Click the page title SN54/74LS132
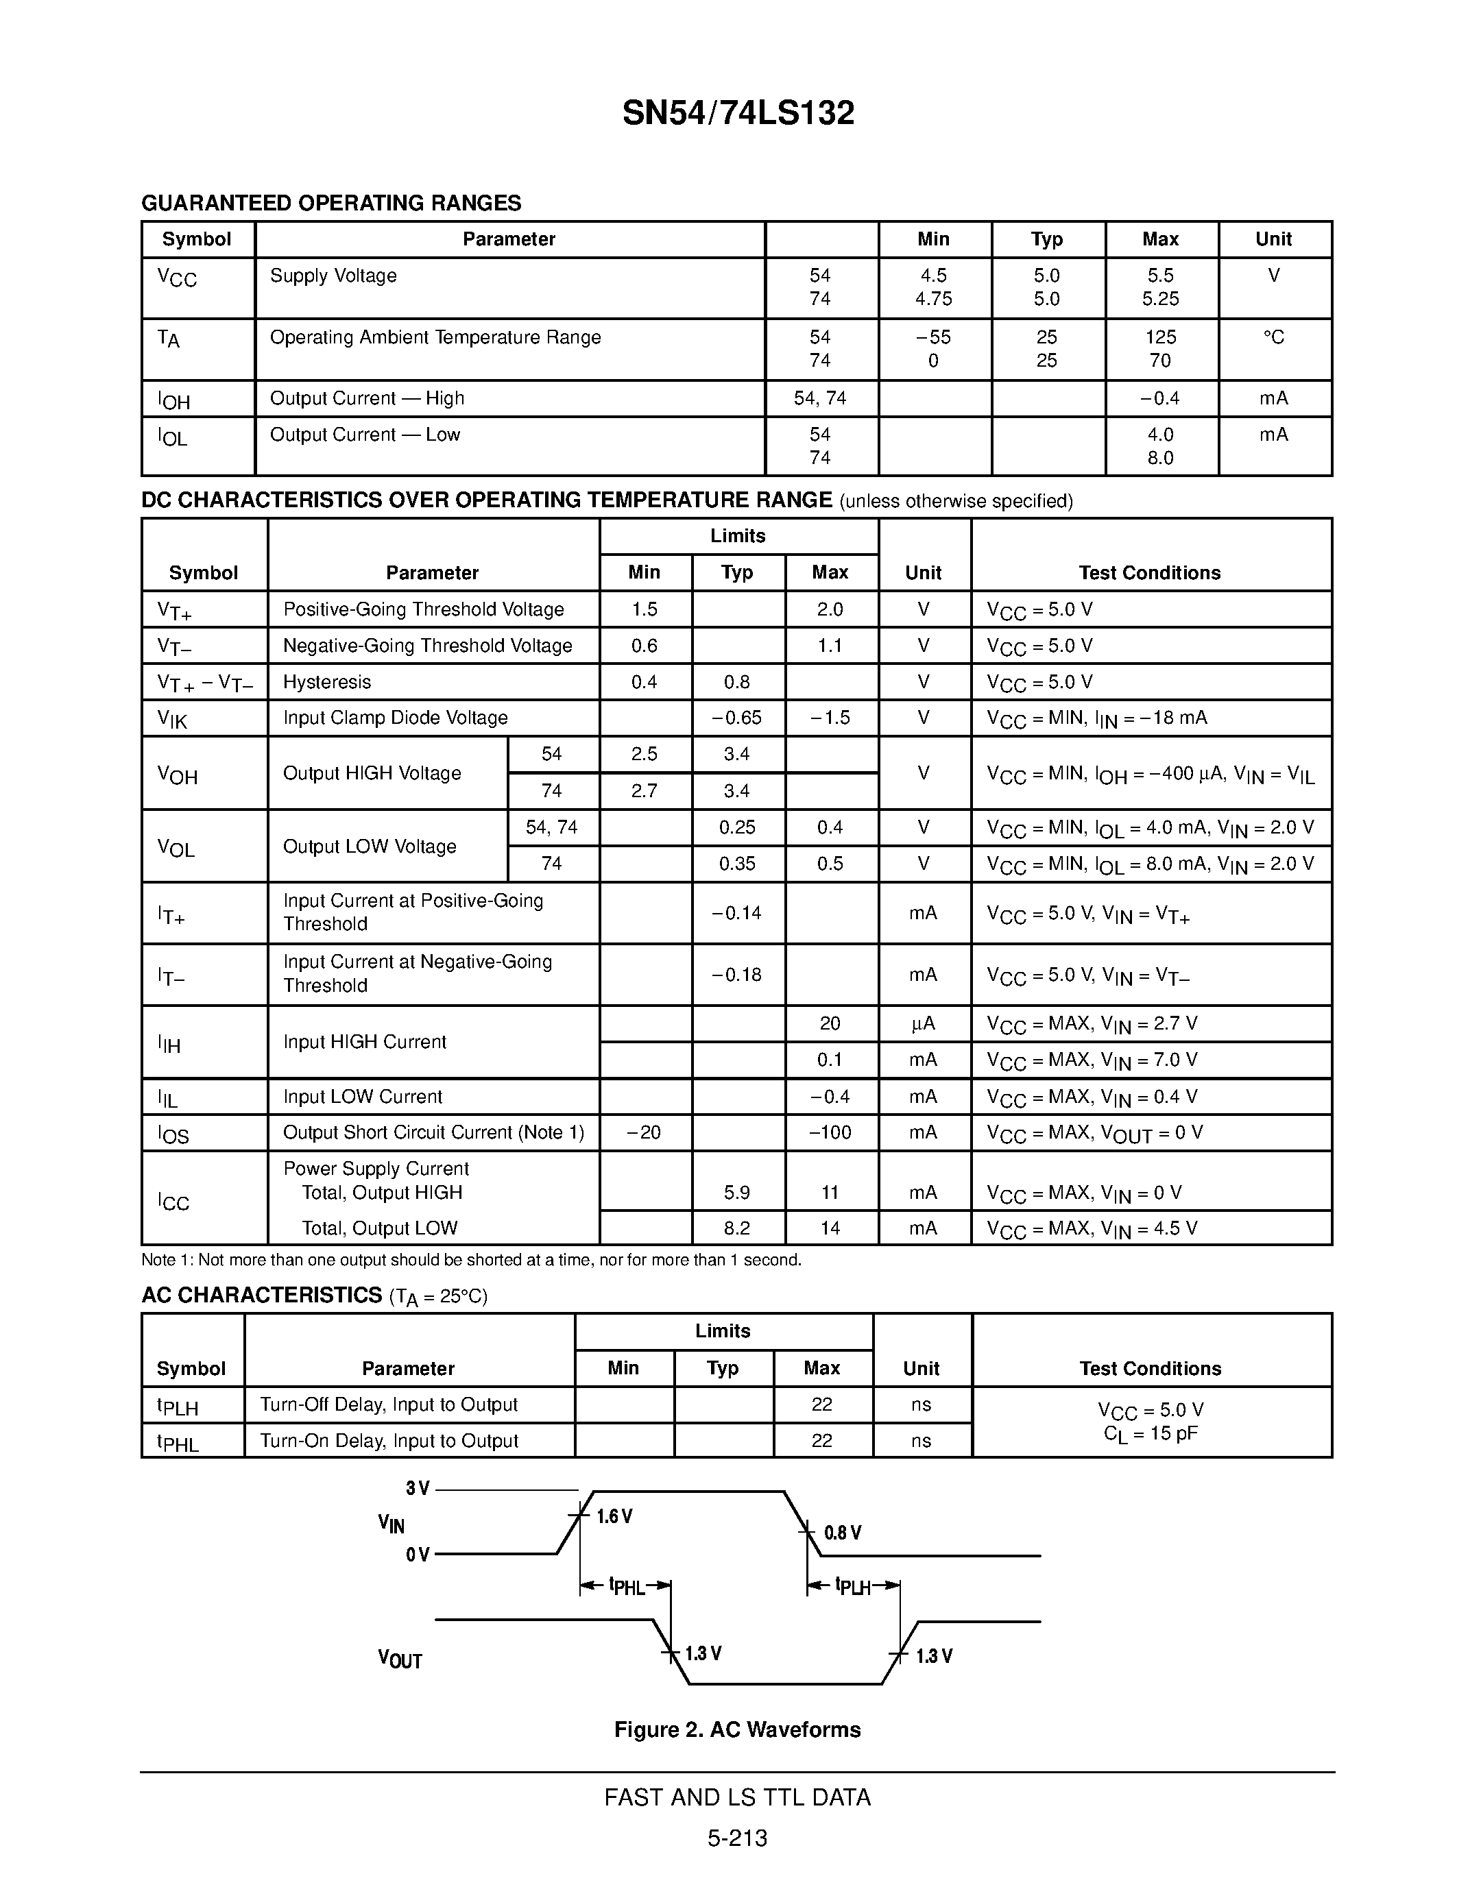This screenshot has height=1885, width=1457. [x=738, y=113]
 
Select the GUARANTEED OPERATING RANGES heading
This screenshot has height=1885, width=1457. [x=330, y=203]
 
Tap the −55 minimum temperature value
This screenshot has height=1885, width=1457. [x=933, y=337]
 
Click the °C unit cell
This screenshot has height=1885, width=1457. [x=1273, y=337]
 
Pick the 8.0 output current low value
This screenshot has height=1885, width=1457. [x=1160, y=459]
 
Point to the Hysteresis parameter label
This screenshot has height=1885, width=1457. [x=327, y=682]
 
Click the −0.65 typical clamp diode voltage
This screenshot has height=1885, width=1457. [x=736, y=718]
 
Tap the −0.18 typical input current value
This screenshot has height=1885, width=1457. [x=736, y=975]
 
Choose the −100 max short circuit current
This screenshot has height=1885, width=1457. [x=830, y=1132]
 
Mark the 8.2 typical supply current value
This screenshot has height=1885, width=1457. [x=736, y=1228]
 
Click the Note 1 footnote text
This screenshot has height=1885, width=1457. [x=471, y=1260]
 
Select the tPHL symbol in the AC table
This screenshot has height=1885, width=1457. [x=178, y=1442]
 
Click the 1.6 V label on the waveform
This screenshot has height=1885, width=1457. [x=614, y=1516]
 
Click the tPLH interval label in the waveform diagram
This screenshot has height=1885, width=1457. [x=853, y=1586]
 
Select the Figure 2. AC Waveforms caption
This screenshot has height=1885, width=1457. [x=737, y=1729]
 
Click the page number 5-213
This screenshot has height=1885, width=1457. [x=737, y=1838]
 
